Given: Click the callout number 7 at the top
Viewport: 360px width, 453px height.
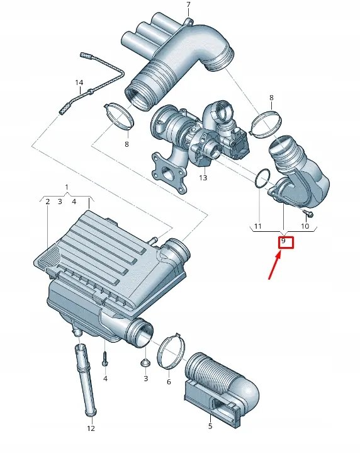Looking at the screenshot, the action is click(x=189, y=4).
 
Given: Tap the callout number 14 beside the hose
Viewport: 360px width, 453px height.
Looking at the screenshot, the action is click(x=79, y=83).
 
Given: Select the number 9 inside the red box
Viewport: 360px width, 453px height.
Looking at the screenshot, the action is click(x=283, y=241).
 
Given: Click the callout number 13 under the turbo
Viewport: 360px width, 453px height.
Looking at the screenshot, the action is click(x=203, y=178).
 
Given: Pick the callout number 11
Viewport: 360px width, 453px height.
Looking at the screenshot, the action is click(x=257, y=226).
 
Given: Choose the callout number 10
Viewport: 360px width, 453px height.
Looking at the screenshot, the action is click(x=305, y=226).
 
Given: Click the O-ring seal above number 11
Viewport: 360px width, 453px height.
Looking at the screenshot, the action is click(x=262, y=180).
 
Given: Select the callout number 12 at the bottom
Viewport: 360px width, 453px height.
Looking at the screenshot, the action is click(x=91, y=428).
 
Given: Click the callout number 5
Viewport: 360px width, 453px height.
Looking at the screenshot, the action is click(x=210, y=426).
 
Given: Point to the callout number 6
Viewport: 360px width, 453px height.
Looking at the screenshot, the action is click(x=169, y=382).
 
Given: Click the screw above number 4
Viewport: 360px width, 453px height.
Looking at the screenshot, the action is click(x=105, y=358).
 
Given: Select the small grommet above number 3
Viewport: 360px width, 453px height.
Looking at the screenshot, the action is click(x=145, y=362).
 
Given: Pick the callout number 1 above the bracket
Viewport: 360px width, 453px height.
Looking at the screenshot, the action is click(x=67, y=187).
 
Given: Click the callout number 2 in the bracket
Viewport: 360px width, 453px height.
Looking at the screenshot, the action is click(x=48, y=202).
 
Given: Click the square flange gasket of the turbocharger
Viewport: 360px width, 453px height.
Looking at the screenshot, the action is click(x=169, y=173).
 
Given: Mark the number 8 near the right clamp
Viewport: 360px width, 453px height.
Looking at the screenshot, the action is click(x=271, y=98).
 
